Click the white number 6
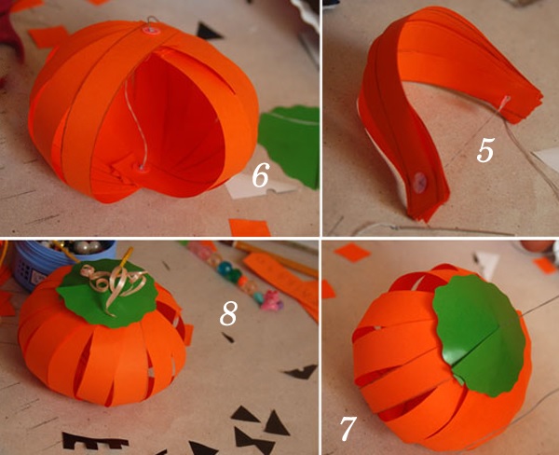[x=260, y=173]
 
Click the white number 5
[x=484, y=150]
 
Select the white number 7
[x=347, y=429]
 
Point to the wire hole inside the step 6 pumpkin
[x=142, y=168]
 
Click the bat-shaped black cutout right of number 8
[x=301, y=372]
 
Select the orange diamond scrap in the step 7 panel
[x=352, y=252]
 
